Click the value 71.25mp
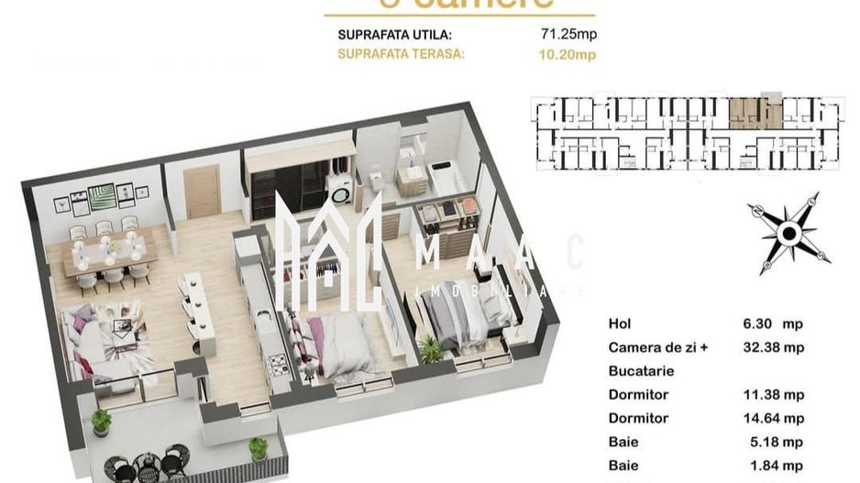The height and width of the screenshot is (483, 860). tap(569, 36)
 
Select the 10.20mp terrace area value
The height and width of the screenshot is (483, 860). tap(569, 54)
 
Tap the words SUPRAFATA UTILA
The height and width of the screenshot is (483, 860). tap(394, 36)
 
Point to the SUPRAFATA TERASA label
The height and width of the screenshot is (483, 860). tap(401, 54)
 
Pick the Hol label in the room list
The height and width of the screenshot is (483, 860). tap(619, 324)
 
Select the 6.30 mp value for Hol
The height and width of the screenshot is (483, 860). tap(770, 324)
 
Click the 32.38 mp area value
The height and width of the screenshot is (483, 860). tap(774, 347)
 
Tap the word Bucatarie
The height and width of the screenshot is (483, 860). tap(641, 371)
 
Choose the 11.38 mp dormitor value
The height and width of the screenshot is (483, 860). tap(774, 395)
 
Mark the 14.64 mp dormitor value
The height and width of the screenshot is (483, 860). tap(774, 419)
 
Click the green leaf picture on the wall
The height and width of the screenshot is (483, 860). tap(101, 198)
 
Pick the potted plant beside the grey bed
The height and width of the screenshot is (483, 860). tap(429, 349)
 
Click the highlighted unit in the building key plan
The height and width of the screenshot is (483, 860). tap(755, 113)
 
